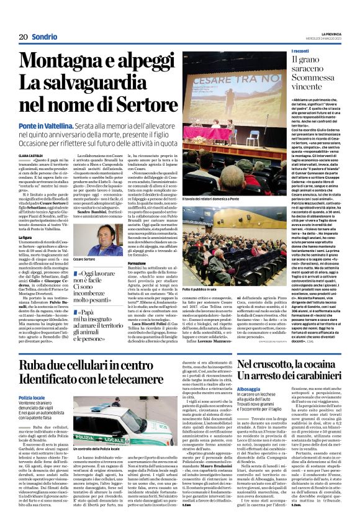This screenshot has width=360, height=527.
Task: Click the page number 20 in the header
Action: (23, 37)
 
